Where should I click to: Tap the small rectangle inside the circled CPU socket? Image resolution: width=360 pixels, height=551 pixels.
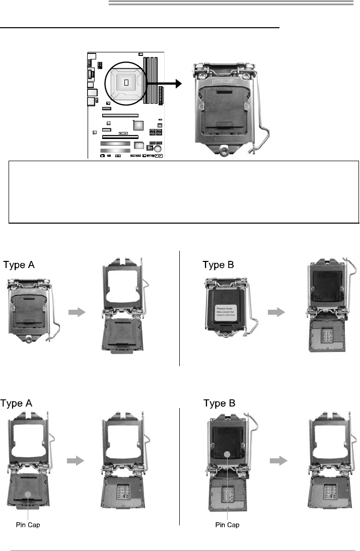(126, 82)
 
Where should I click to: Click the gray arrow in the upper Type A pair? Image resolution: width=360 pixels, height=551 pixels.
(78, 312)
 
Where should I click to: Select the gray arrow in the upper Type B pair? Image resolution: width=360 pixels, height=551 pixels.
(276, 312)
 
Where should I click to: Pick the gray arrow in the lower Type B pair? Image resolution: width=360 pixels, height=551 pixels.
(277, 460)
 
